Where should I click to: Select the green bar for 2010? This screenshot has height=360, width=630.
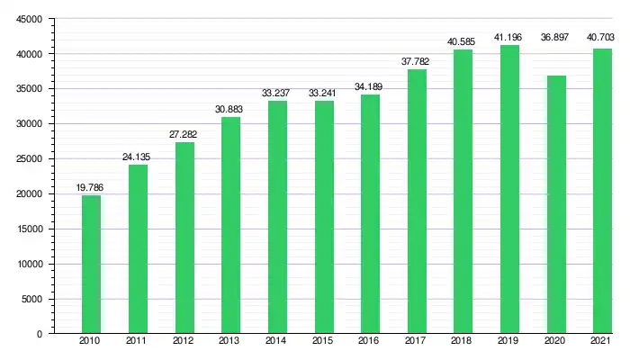point(91,265)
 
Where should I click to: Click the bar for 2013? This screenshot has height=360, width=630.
point(230,225)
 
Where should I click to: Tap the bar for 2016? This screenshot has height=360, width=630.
point(370,214)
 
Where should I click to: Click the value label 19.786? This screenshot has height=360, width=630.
point(91,187)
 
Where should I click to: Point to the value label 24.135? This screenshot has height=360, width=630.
point(138,157)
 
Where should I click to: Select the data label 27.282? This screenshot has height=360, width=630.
point(184,135)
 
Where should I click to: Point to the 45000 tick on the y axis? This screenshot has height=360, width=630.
point(29,19)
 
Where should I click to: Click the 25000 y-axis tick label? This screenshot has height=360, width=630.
point(29,159)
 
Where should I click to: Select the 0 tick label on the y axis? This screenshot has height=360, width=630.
point(40,334)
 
